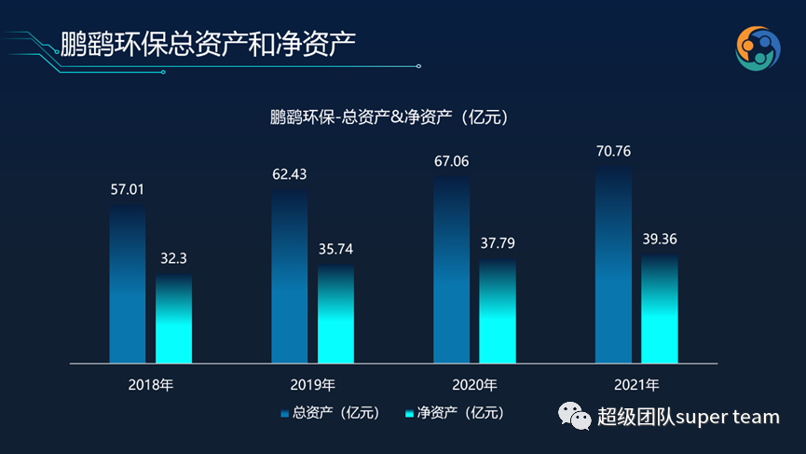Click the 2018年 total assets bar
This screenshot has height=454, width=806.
coord(128,283)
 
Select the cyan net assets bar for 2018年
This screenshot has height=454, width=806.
coord(173,318)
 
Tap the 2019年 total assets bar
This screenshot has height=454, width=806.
coord(290,276)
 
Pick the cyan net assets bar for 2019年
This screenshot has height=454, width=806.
coord(335,313)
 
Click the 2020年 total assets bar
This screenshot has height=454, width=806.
coord(452,269)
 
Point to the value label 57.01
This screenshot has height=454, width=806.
coord(128,189)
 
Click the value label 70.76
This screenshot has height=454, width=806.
coord(613,150)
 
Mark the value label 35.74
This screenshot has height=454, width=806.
coord(335,249)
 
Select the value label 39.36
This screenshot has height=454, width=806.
coord(660,239)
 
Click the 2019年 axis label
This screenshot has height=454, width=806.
coord(312,384)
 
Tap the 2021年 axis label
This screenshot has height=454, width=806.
coord(636,384)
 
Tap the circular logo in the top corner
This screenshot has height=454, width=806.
coord(758,48)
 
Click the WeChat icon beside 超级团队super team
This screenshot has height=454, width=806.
coord(574,417)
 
